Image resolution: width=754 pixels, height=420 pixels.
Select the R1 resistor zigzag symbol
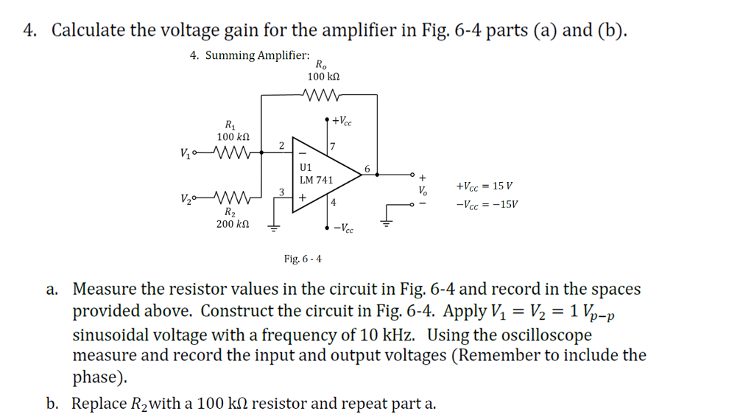[235, 153]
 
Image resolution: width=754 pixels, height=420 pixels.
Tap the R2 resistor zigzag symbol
[235, 197]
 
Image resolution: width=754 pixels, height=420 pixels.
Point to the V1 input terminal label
[184, 153]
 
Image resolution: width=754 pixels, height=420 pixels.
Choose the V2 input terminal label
[184, 198]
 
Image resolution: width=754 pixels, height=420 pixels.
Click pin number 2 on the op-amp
[281, 145]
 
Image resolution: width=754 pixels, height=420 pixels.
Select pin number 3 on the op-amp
[281, 192]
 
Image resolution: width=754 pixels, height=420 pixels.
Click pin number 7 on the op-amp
[333, 147]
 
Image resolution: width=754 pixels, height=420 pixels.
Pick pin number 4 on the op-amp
[334, 202]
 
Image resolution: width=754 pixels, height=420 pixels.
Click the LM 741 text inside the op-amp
[316, 180]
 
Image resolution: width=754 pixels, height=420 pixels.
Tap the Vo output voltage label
[422, 189]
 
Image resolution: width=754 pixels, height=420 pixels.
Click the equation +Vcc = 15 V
[487, 187]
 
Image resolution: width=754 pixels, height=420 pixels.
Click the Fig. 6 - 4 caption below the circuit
[303, 259]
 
